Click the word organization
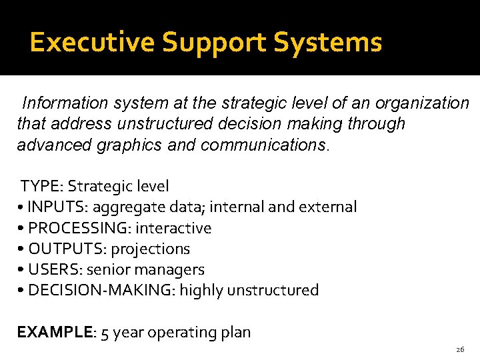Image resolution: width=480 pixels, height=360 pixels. pyautogui.click(x=423, y=103)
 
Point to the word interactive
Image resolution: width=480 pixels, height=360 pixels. pyautogui.click(x=173, y=228)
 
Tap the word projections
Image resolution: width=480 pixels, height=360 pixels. pyautogui.click(x=150, y=249)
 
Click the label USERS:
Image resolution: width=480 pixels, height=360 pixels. pyautogui.click(x=55, y=269)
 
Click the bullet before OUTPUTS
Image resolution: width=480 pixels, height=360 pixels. pyautogui.click(x=22, y=249)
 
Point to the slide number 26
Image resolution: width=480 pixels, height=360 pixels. pyautogui.click(x=460, y=349)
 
